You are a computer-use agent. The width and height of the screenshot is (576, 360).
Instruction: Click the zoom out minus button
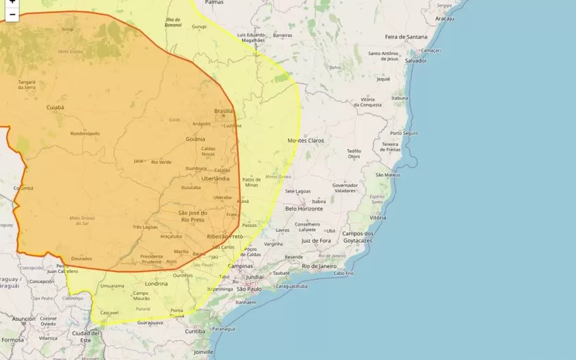point(12,14)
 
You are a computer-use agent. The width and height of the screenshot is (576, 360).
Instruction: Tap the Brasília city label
point(224,111)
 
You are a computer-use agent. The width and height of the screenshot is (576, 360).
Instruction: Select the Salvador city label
point(416,60)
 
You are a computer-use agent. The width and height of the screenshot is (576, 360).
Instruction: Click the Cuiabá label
point(55,108)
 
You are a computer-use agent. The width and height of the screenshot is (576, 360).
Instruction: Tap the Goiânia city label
point(195,139)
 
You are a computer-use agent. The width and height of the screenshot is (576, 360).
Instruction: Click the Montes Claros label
point(306,140)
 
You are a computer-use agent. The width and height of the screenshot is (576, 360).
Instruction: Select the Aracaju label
point(444,19)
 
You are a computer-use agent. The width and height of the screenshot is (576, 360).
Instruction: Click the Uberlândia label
point(215,178)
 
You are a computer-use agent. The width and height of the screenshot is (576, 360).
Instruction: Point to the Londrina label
point(156,283)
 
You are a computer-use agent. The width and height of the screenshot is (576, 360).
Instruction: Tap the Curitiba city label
point(195,331)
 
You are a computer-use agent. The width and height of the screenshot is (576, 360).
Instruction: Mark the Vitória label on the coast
point(378,217)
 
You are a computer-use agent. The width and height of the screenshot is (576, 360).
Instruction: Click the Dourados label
point(81,259)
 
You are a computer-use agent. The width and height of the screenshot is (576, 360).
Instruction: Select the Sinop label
point(68,29)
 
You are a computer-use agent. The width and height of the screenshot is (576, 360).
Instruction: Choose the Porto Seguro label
point(404,133)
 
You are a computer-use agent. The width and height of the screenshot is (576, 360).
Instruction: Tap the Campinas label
point(241,265)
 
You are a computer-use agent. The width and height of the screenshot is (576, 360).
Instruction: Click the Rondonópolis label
point(85,134)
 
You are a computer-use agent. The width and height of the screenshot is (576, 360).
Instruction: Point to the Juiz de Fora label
point(316,241)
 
